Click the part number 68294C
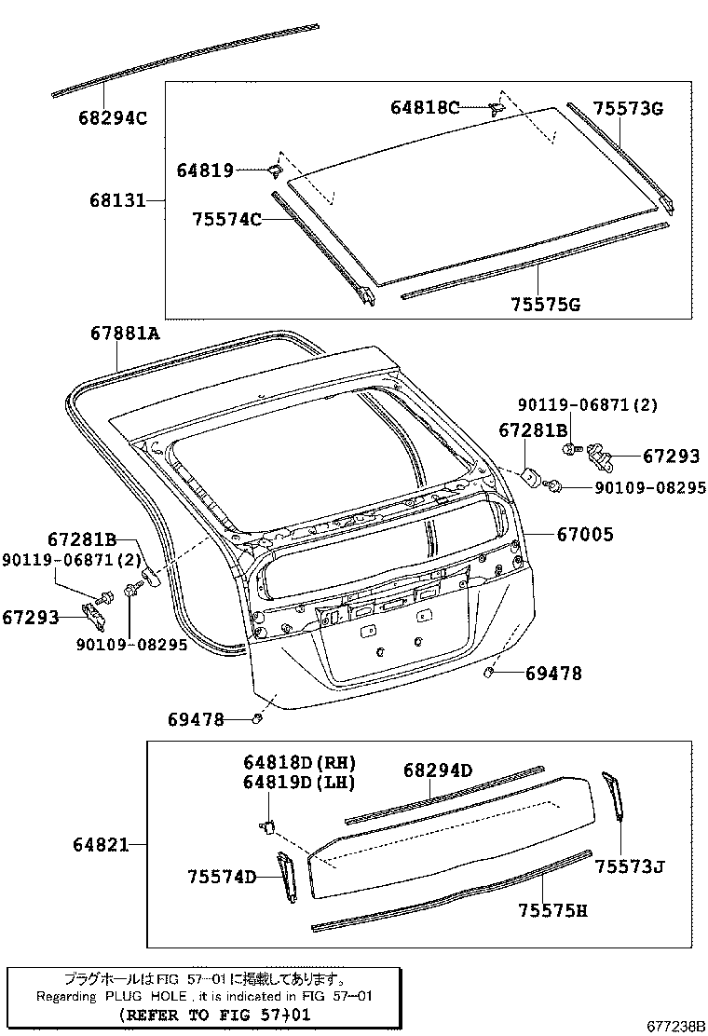(114, 118)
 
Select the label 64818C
(424, 108)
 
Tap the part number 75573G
(628, 109)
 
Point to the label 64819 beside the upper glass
(205, 170)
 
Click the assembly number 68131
(117, 200)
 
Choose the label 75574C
(225, 220)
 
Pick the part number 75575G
(545, 305)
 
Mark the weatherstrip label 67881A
(126, 333)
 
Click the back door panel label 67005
(585, 535)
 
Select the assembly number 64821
(101, 845)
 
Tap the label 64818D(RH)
(287, 762)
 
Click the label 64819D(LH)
(287, 783)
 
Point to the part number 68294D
(438, 770)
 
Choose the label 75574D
(221, 877)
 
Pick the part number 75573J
(630, 867)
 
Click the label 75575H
(553, 910)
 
